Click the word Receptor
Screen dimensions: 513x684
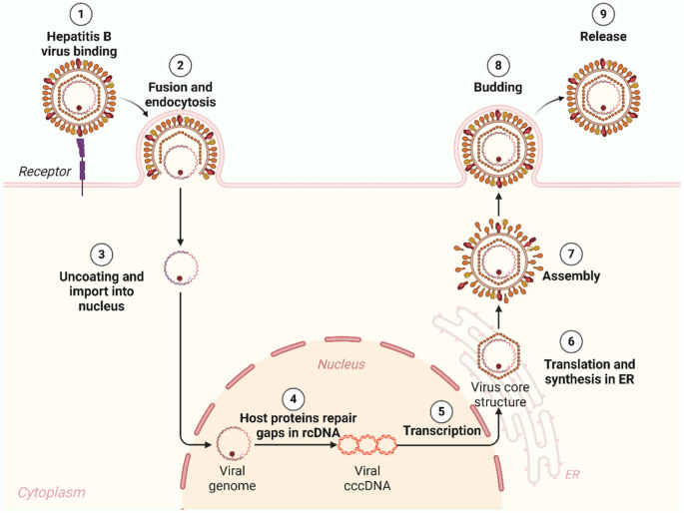pos(45,171)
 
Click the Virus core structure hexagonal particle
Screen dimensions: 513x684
pos(496,355)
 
